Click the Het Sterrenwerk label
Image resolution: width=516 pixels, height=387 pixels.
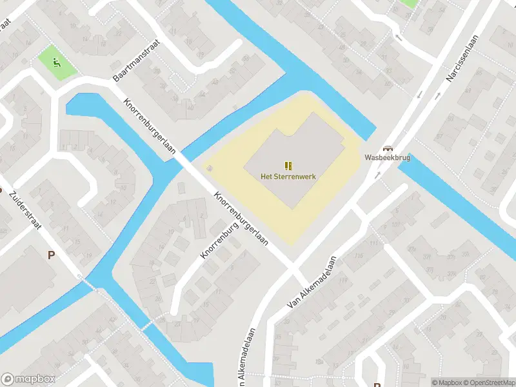click(288, 176)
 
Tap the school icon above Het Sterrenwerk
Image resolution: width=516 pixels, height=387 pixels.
click(288, 165)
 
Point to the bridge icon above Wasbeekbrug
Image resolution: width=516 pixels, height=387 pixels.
click(388, 148)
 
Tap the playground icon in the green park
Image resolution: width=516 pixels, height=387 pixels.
click(57, 63)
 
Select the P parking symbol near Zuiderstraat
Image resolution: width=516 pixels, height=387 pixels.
click(51, 255)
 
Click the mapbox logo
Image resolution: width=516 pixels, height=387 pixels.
click(28, 379)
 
